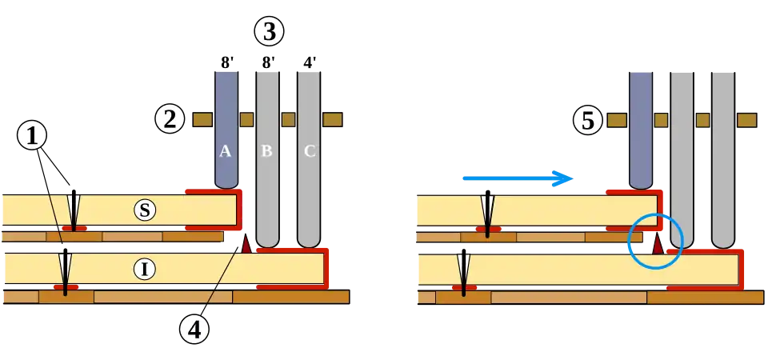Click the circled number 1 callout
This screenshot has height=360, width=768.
[32, 137]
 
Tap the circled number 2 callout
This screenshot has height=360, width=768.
[170, 120]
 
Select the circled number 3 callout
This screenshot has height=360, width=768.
[268, 33]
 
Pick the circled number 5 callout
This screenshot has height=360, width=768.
[588, 121]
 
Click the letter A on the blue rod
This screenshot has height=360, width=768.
[226, 151]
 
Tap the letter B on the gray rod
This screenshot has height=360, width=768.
[267, 151]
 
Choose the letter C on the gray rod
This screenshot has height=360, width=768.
[309, 151]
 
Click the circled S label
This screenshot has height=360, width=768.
[144, 210]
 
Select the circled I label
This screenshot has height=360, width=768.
[144, 269]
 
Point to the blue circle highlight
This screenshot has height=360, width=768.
[655, 240]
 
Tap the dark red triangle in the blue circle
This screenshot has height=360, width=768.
[658, 244]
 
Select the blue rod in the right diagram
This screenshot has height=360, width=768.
[640, 128]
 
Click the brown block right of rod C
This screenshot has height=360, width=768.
[333, 120]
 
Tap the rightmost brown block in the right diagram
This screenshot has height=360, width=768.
[746, 120]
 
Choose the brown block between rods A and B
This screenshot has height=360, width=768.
[246, 120]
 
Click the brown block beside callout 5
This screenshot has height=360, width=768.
[616, 120]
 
